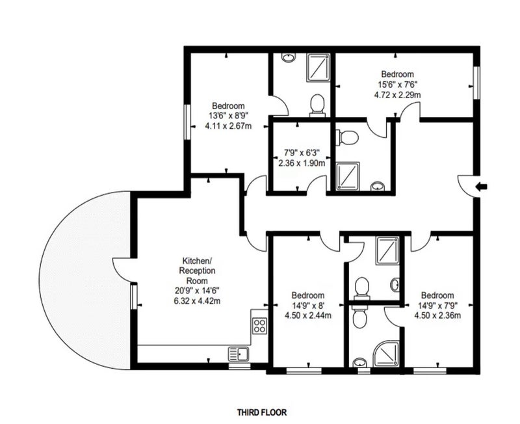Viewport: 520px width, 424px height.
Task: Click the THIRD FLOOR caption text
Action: point(262,412)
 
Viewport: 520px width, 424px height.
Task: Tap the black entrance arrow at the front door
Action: point(481,187)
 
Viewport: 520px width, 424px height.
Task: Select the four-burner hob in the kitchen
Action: point(259,326)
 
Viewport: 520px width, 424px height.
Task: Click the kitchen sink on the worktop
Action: point(239,354)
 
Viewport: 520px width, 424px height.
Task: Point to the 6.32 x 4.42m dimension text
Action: point(197,301)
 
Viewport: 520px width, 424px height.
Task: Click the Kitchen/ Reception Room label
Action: point(197,271)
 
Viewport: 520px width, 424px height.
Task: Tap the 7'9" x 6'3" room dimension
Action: point(302,153)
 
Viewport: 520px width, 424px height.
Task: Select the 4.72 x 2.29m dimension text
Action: point(398,95)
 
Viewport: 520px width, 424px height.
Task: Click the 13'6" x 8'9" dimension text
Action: point(229,116)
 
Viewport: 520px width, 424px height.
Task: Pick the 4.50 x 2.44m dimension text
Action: point(308,315)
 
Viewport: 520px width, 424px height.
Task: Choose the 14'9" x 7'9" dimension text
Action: point(437,305)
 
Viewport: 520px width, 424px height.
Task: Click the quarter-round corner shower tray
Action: point(387,354)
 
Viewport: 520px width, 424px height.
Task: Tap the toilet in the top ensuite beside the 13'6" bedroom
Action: point(317,105)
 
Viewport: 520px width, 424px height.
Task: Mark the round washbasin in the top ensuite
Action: point(289,57)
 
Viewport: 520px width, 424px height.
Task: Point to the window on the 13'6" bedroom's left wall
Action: point(187,122)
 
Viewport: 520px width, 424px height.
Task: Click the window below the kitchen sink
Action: point(239,367)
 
